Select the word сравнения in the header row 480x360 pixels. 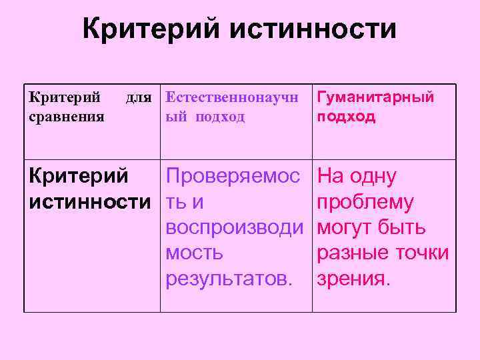pyautogui.click(x=67, y=117)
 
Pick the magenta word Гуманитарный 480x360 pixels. pyautogui.click(x=375, y=97)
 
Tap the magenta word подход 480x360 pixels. pyautogui.click(x=347, y=117)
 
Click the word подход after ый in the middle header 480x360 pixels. pyautogui.click(x=220, y=117)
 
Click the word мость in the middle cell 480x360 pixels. pyautogui.click(x=195, y=253)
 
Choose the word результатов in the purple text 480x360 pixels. pyautogui.click(x=227, y=278)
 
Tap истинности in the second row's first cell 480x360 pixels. pyautogui.click(x=90, y=202)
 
